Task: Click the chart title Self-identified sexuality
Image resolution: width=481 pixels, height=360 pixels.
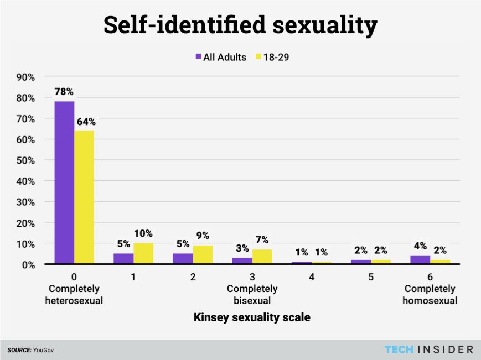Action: [x=240, y=25]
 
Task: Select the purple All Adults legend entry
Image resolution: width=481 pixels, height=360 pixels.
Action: [x=221, y=57]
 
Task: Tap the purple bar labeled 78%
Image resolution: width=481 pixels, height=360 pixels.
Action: [x=64, y=182]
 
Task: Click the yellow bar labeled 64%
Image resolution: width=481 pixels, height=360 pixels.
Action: [x=84, y=197]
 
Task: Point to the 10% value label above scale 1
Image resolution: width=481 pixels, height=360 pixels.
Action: [x=143, y=233]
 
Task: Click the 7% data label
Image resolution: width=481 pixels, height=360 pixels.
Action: [x=262, y=240]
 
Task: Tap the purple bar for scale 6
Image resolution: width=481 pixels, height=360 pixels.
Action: [x=420, y=259]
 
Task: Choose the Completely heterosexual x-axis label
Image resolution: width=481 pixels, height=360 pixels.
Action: [x=74, y=295]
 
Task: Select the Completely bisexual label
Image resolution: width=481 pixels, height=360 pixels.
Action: [x=252, y=295]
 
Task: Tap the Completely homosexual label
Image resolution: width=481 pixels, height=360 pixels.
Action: [x=430, y=295]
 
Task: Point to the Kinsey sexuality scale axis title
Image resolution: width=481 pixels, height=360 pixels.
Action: [x=252, y=317]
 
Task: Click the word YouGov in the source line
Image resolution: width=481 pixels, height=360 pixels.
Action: [x=44, y=350]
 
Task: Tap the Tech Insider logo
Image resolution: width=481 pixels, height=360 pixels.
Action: [x=429, y=349]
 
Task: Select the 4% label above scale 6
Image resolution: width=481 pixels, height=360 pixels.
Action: [x=420, y=247]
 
